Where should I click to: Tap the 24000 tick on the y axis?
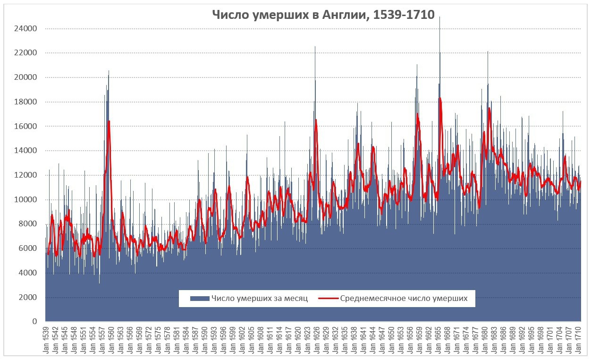click(x=25, y=29)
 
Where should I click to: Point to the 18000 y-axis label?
click(x=25, y=102)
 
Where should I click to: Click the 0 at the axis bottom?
click(x=34, y=322)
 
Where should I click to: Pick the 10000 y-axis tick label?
click(x=25, y=200)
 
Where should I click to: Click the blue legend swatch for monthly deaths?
click(x=199, y=299)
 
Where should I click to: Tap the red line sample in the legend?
click(x=329, y=299)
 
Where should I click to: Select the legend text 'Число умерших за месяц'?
click(x=260, y=299)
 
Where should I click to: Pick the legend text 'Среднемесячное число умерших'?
click(x=404, y=299)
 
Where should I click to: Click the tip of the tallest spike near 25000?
click(x=440, y=17)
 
